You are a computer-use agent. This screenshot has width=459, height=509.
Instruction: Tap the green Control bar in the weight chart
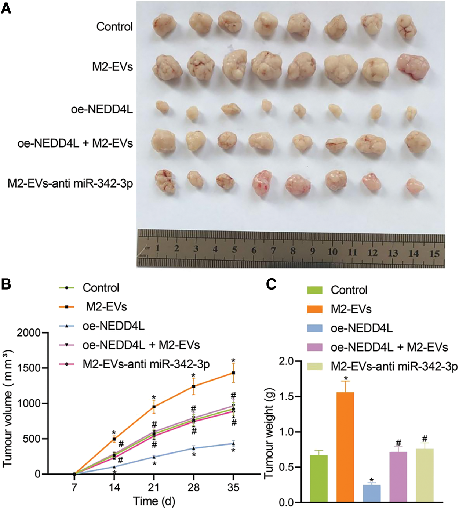(x=318, y=479)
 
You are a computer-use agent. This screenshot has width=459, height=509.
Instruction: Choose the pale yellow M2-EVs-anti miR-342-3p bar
(x=425, y=475)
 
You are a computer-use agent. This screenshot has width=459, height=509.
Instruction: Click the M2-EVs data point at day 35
(x=233, y=373)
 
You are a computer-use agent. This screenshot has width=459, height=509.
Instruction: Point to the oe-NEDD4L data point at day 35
(x=233, y=444)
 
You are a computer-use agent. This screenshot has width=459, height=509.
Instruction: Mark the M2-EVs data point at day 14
(x=114, y=439)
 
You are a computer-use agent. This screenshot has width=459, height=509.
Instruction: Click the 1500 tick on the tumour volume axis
(x=30, y=368)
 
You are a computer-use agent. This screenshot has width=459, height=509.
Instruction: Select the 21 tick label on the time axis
(x=154, y=488)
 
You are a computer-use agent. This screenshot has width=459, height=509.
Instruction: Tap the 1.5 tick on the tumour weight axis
(x=287, y=397)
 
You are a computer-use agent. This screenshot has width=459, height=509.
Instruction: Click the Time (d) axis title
(x=154, y=501)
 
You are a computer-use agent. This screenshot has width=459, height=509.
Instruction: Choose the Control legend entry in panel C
(x=349, y=290)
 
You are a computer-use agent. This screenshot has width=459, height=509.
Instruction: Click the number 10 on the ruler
(x=332, y=252)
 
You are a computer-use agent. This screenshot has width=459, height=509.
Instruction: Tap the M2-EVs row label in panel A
(x=112, y=67)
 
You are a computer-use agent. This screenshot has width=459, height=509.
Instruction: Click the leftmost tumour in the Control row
(x=164, y=25)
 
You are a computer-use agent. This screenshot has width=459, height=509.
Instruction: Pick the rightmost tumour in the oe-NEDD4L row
(x=411, y=114)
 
